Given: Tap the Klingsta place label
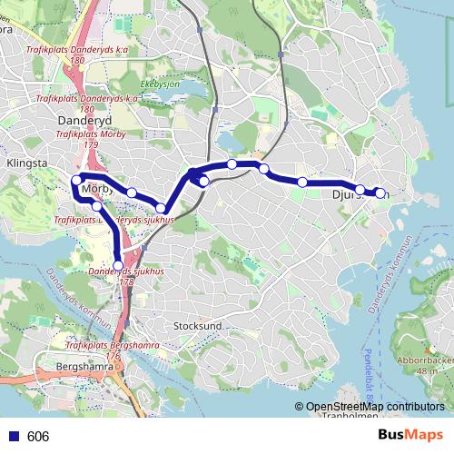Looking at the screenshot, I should tap(25, 163).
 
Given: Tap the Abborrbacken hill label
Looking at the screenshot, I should tap(425, 357).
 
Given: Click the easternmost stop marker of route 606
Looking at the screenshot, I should tap(380, 192).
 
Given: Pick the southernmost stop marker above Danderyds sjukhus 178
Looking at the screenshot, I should tap(117, 265).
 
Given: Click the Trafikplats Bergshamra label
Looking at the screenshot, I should tap(107, 346).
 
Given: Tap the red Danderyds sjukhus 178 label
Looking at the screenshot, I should tap(126, 276).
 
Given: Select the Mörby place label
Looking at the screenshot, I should tap(96, 190).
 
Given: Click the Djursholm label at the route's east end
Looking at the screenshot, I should tap(360, 193).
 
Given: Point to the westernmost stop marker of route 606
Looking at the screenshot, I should tap(75, 182).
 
